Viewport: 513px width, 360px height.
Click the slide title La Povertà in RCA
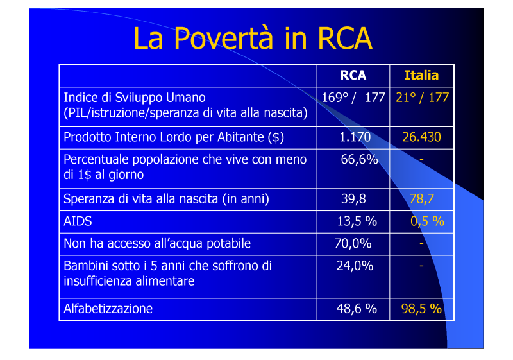pos(253,38)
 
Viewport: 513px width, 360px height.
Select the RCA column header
pos(353,75)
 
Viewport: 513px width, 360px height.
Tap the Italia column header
pos(421,75)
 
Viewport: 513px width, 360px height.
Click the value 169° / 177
pos(353,98)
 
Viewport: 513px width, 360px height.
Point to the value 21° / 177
pos(422,98)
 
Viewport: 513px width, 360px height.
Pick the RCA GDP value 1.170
pos(355,137)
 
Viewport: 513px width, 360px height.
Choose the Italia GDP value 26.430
pos(421,137)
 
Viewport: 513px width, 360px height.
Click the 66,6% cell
pos(359,159)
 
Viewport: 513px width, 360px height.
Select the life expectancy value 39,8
pos(353,199)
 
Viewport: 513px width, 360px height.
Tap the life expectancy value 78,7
pos(422,199)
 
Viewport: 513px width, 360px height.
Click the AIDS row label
pos(78,221)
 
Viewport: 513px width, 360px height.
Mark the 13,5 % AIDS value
pos(357,221)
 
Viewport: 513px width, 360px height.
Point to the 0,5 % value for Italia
pos(427,221)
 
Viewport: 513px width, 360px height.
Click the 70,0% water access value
pos(353,243)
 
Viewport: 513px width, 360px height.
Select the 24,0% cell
pos(355,266)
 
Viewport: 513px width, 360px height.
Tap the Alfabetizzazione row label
pos(108,309)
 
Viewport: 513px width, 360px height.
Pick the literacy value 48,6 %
pos(357,309)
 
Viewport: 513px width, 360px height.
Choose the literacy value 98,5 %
pos(421,309)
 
